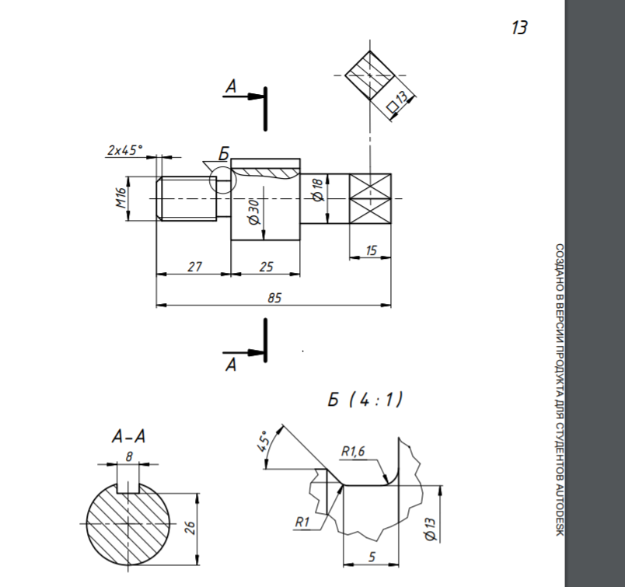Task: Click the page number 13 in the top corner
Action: pos(519,28)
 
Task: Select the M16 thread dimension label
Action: pos(121,197)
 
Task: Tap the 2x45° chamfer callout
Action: pos(124,150)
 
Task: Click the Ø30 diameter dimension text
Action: pos(254,211)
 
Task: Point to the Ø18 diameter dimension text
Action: pos(318,190)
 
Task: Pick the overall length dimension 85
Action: pos(274,298)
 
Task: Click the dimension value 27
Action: pos(194,267)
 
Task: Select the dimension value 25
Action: pos(267,267)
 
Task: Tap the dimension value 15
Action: pos(371,250)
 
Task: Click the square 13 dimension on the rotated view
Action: pos(398,101)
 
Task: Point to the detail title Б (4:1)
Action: pos(365,399)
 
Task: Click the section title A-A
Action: pos(129,437)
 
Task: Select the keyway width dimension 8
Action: pos(129,456)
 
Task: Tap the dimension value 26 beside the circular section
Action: pos(190,527)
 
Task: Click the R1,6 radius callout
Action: pos(353,452)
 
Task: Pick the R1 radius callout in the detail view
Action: pos(302,522)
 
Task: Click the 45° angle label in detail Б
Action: pos(263,442)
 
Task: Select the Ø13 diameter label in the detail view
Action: pos(431,529)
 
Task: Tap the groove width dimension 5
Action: pos(372,557)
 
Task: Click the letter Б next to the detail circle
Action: pos(224,154)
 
